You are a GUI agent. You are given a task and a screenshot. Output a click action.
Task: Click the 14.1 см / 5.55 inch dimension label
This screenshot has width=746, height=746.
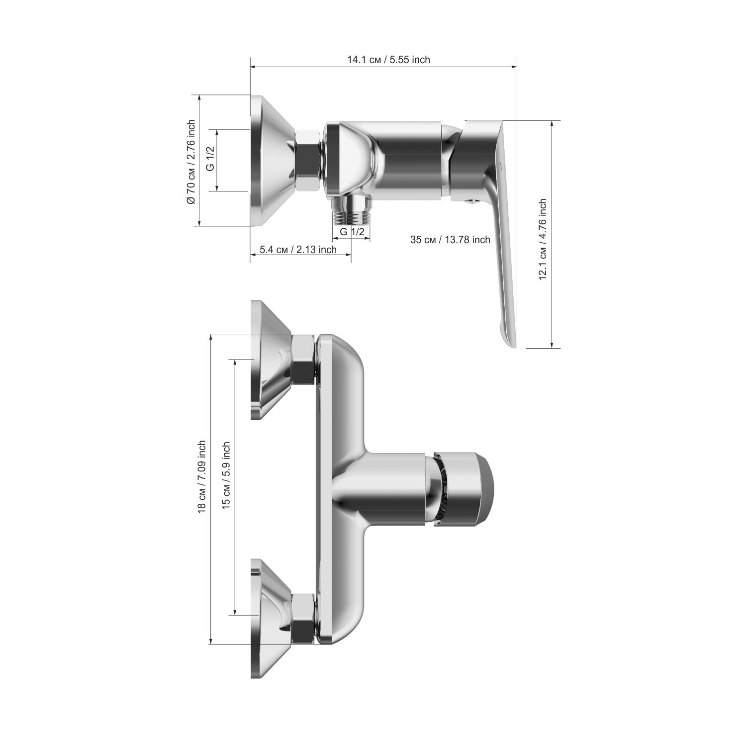tap(388, 60)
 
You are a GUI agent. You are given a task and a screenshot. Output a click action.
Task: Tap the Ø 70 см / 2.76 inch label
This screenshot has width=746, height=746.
tap(190, 162)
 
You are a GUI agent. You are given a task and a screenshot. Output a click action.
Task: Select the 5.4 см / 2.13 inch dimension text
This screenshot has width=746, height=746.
tap(298, 250)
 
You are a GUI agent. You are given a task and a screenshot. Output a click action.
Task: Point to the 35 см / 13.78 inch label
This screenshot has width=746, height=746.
tap(450, 240)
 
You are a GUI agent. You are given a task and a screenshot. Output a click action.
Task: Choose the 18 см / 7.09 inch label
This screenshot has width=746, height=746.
tap(201, 476)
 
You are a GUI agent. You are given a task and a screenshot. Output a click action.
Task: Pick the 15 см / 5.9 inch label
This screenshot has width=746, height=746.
tap(226, 475)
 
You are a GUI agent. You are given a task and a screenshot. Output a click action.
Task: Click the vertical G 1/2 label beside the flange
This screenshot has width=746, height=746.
tap(210, 159)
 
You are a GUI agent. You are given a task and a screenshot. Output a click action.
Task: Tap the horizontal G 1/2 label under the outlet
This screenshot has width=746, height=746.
tap(352, 232)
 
